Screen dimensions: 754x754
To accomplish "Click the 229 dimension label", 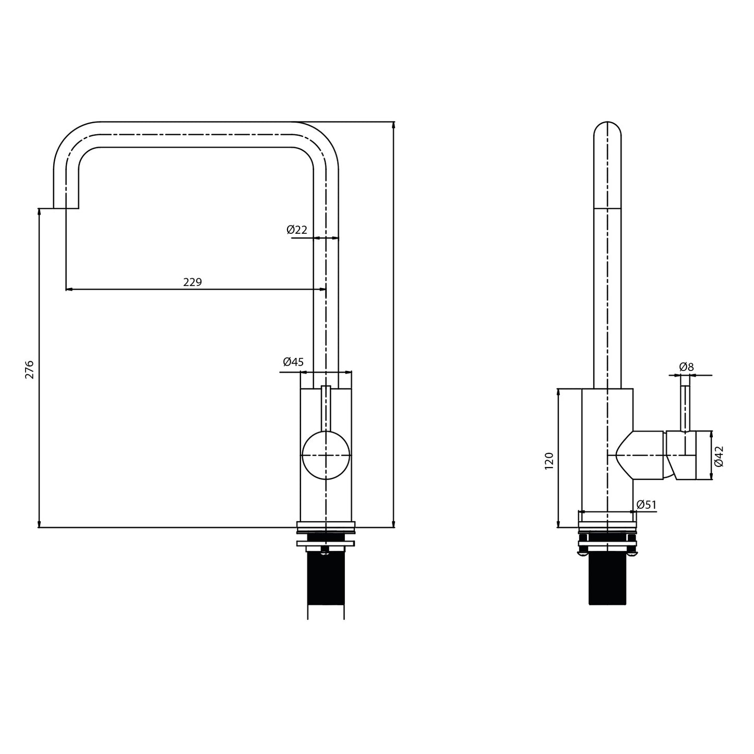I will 192,282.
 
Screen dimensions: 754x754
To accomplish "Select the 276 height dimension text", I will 30,369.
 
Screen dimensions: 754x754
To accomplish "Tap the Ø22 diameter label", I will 296,229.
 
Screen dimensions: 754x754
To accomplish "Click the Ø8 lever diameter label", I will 686,367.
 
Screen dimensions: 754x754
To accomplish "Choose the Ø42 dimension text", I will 719,456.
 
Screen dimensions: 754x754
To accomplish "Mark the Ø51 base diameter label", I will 647,504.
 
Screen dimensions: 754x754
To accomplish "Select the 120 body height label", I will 549,461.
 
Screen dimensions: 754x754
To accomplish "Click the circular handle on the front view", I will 326,455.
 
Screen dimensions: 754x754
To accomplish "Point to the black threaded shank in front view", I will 326,579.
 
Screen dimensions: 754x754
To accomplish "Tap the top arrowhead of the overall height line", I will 393,125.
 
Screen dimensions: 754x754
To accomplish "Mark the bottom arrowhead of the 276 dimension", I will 39,524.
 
